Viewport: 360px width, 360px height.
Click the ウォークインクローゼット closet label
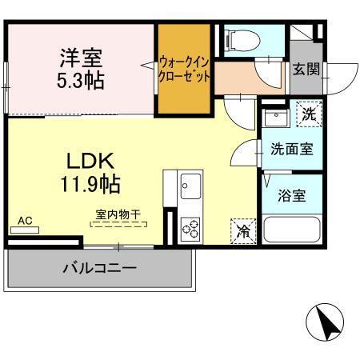[184, 69]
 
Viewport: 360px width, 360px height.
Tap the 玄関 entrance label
[306, 70]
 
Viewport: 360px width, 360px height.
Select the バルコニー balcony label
[100, 268]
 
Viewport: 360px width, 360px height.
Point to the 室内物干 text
[118, 214]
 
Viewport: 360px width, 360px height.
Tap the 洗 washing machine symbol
[309, 114]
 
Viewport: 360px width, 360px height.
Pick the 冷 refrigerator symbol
[243, 232]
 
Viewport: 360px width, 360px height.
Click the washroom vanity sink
[276, 121]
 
